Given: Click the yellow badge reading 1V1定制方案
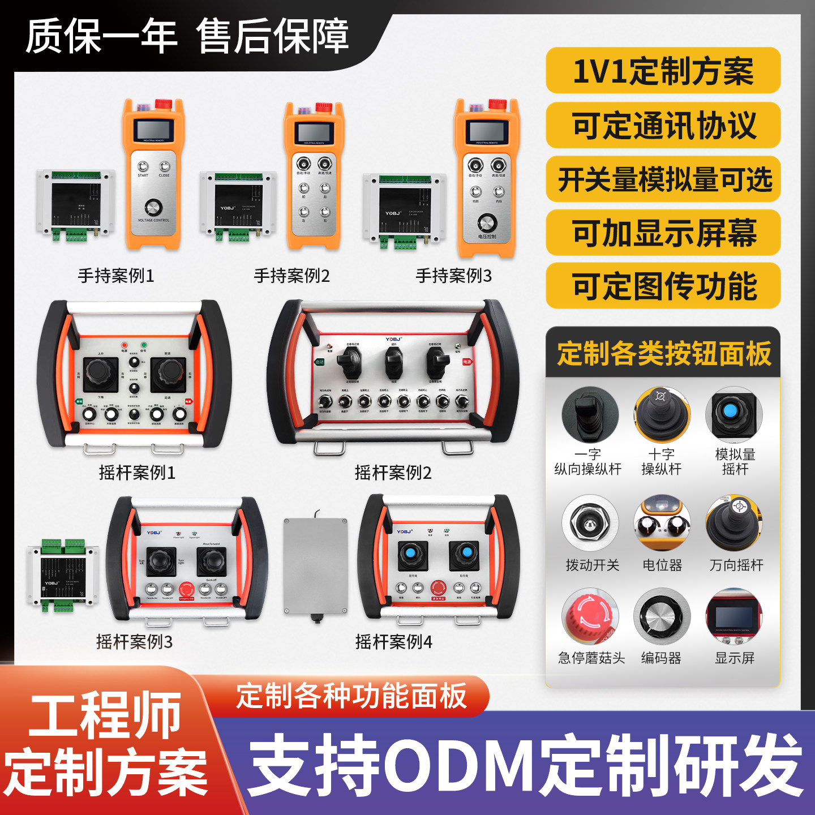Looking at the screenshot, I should point(663,71).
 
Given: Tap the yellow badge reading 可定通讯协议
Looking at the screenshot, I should point(663,125).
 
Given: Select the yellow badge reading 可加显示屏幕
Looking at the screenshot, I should point(663,233).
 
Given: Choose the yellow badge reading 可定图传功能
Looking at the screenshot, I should point(663,286).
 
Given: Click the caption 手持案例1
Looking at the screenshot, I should point(116,276).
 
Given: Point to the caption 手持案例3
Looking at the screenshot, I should point(453,276).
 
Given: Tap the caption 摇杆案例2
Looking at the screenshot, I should point(393,472).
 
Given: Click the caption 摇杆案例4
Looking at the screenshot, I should point(393,642).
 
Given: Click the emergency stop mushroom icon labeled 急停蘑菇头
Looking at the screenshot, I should point(590,616).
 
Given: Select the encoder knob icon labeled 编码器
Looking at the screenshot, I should point(662,616).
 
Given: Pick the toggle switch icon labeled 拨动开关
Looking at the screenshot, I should point(590,522).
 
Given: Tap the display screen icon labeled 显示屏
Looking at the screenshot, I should point(734,616).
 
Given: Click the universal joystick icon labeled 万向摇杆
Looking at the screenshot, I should point(734,522).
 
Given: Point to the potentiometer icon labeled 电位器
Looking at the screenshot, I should point(662,522).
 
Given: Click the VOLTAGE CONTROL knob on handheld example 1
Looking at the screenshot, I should point(153,207).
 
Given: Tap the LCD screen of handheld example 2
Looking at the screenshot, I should point(314,132).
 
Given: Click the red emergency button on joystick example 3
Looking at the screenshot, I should point(186,589).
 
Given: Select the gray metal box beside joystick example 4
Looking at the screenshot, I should point(315,566).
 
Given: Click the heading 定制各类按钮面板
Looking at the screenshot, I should point(663,354).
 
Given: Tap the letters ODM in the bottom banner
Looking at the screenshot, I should point(460,766).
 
